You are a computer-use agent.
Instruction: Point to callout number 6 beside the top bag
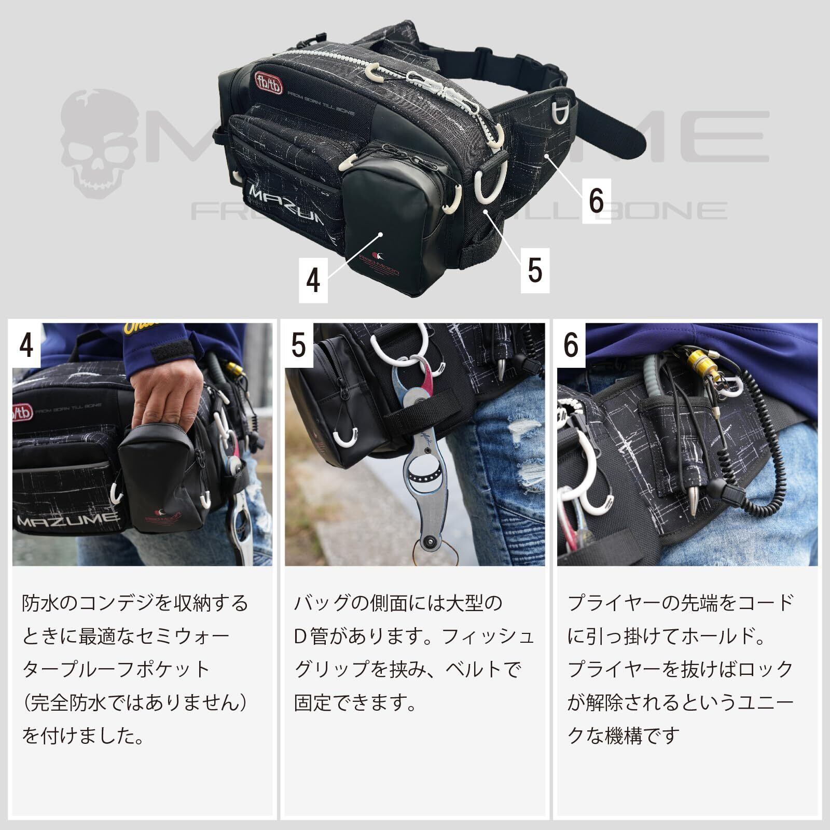pyautogui.click(x=597, y=201)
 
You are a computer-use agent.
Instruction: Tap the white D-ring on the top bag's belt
pyautogui.click(x=563, y=112)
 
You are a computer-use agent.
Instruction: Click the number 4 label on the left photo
pyautogui.click(x=26, y=345)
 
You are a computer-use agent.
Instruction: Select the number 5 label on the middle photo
pyautogui.click(x=299, y=345)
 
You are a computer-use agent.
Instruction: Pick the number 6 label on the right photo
pyautogui.click(x=572, y=345)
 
